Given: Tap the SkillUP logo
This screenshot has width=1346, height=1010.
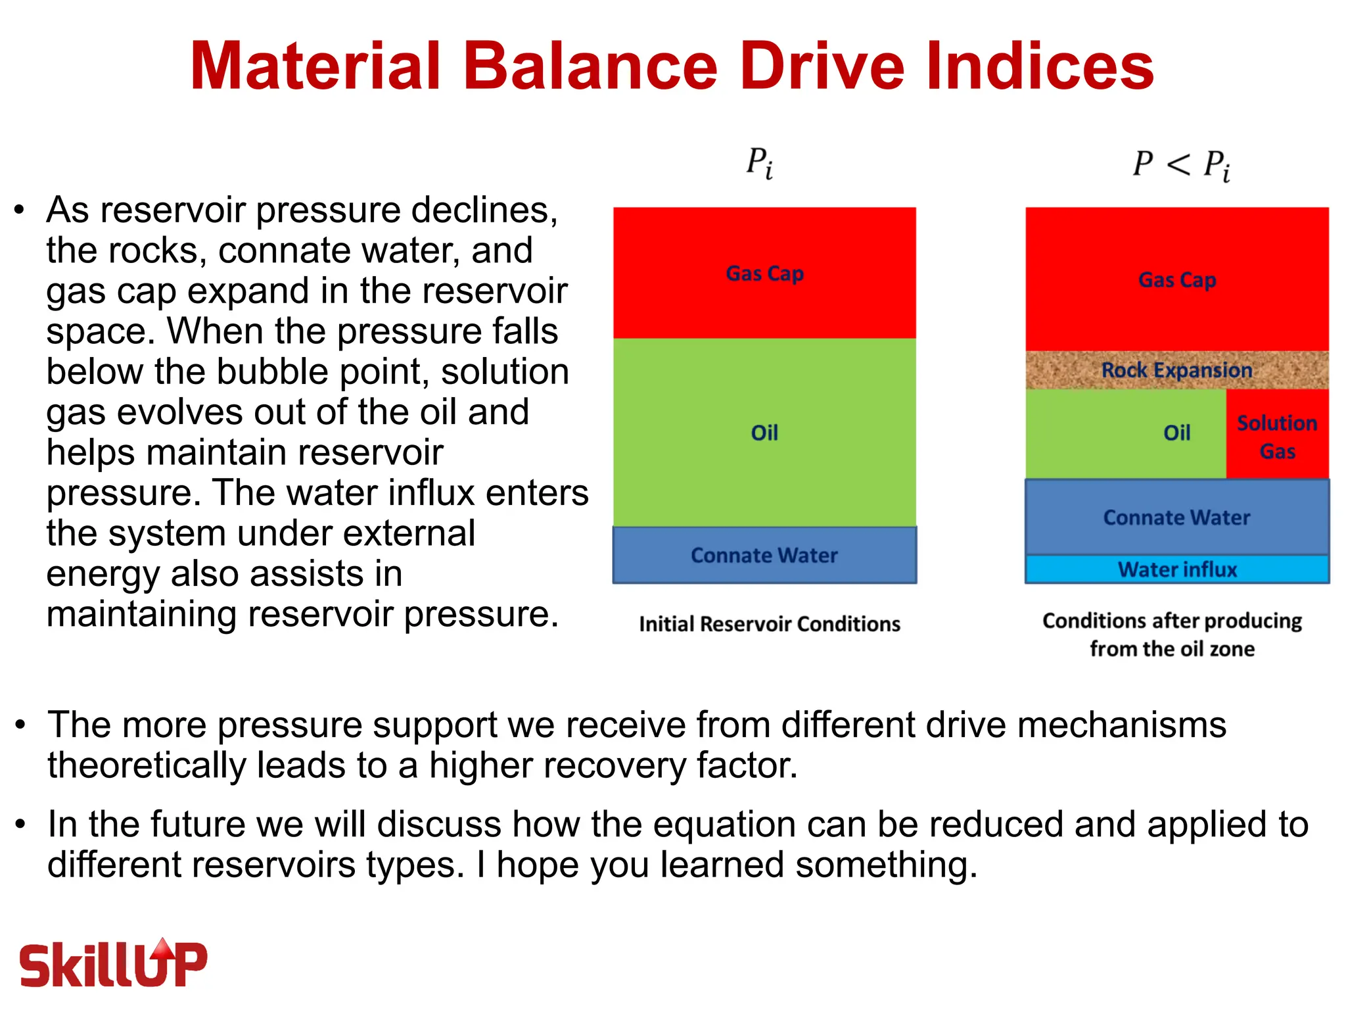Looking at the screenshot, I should click(113, 963).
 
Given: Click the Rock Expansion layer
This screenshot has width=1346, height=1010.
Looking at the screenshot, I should click(1176, 370).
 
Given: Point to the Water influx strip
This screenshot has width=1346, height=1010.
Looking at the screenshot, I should click(1176, 569).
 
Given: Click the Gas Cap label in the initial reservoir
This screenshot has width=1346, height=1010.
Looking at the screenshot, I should click(764, 273).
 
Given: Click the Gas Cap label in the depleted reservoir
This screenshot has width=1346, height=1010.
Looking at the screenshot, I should click(1176, 280).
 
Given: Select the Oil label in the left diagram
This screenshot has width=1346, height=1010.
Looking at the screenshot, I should click(764, 433).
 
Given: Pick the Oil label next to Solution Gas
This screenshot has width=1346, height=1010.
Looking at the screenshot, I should click(1176, 433).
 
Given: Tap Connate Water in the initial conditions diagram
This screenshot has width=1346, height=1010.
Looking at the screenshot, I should click(764, 556).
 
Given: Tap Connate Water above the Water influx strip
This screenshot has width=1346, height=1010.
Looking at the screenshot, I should click(1176, 517).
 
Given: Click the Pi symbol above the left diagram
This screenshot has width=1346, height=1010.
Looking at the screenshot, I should click(759, 162).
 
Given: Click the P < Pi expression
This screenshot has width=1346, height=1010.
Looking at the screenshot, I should click(1180, 164).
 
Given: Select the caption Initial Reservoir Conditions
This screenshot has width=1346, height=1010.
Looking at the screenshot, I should click(769, 624).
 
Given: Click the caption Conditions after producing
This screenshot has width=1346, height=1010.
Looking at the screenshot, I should click(1172, 621).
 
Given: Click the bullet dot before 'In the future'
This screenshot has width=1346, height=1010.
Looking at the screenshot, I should click(21, 824).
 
